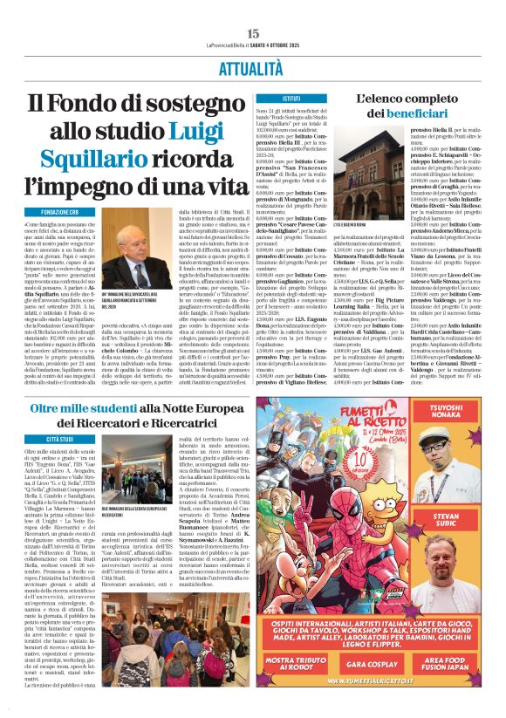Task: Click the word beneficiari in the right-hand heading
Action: tap(412, 114)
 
